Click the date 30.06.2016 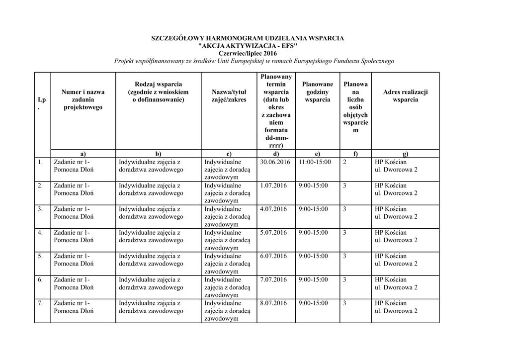point(274,162)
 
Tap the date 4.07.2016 point(273,209)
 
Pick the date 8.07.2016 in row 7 point(273,303)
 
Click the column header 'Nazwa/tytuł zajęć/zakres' point(229,95)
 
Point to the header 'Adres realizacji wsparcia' point(405,95)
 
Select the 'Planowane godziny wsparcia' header point(317,92)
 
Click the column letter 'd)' point(276,154)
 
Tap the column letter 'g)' point(405,154)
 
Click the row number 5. point(40,256)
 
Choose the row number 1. point(40,162)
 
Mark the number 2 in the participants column point(345,162)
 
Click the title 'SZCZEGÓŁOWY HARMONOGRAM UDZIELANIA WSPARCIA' point(247,38)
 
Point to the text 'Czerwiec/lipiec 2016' point(248,53)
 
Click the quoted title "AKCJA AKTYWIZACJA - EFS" point(248,46)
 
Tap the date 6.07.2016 point(273,256)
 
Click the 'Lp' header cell point(42,103)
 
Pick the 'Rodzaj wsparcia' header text point(158,85)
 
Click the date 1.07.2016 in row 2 point(273,185)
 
